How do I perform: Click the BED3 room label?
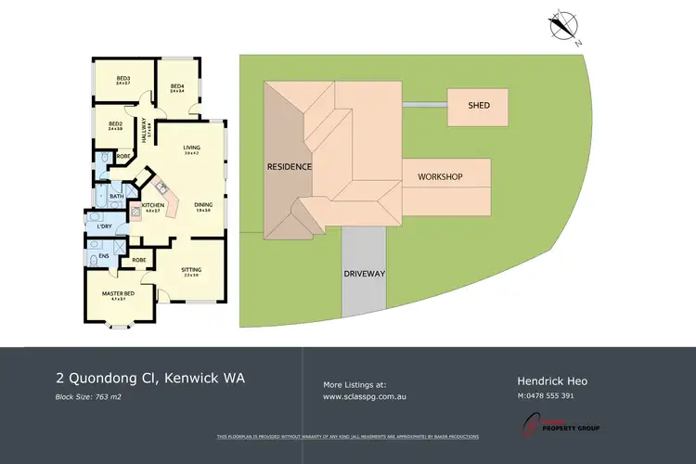coord(122,78)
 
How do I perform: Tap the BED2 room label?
coord(115,123)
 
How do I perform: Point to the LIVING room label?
coord(192,148)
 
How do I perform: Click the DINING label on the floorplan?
coord(203,206)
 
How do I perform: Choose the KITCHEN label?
coord(153,205)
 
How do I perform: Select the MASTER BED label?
coord(118,293)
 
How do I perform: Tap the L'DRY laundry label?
coord(104,226)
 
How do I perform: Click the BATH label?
coord(116,196)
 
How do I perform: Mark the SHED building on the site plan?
coord(479,107)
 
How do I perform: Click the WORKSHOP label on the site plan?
coord(440,176)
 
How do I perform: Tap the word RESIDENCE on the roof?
coord(289,167)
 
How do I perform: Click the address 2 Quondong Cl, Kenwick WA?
coord(150,379)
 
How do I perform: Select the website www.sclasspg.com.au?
coord(366,396)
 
